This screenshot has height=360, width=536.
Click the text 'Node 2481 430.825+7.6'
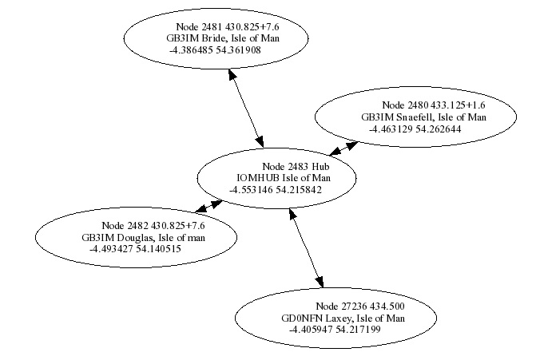228,26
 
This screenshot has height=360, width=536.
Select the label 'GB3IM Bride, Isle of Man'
216,38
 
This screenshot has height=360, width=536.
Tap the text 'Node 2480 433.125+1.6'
434,105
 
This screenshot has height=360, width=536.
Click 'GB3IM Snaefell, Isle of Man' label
423,117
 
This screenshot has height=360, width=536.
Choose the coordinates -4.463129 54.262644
415,128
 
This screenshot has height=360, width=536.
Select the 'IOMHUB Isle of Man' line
283,178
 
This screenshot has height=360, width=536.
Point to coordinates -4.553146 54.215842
276,190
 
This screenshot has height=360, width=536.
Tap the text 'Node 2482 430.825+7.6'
149,226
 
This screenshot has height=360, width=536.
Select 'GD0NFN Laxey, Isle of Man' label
343,318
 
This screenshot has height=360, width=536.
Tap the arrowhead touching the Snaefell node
351,144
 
